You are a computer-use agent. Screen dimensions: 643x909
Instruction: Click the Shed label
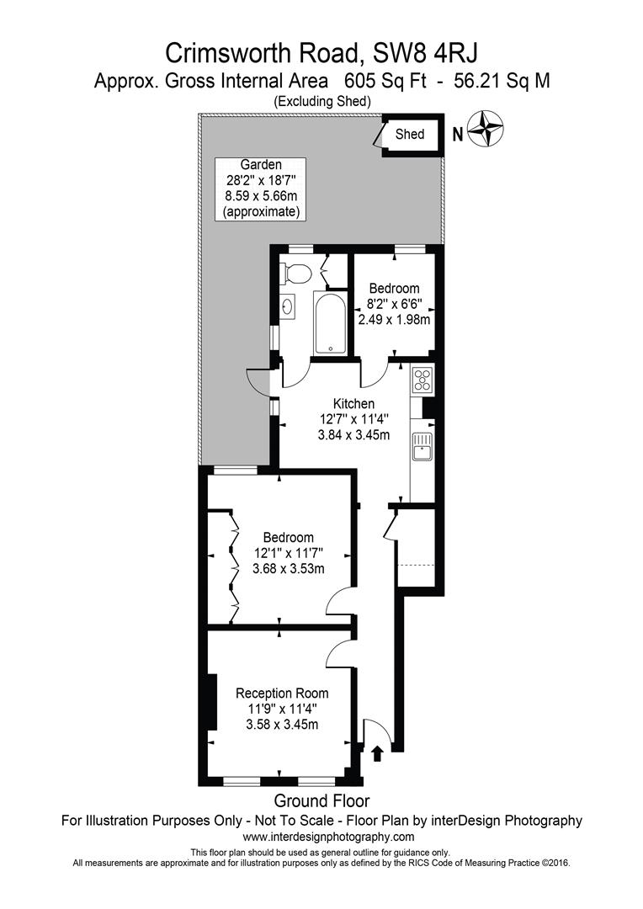(x=409, y=134)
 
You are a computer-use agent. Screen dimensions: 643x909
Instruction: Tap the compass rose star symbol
(x=485, y=129)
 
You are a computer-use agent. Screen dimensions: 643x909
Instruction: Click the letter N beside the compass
(x=458, y=135)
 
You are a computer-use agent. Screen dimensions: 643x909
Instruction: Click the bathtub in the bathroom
(x=330, y=322)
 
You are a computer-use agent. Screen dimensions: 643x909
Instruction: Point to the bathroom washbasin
(x=288, y=306)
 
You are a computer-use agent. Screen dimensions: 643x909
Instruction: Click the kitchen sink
(x=422, y=446)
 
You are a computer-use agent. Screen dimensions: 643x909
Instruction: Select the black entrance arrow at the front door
(x=377, y=753)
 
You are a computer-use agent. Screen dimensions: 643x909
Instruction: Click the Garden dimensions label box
(x=260, y=189)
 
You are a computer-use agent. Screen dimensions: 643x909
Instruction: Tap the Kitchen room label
(x=353, y=403)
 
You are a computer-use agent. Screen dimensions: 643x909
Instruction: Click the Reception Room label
(x=282, y=694)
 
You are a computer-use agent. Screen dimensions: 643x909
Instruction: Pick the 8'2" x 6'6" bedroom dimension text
(x=395, y=304)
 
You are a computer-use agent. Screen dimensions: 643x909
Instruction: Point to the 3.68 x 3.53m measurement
(x=288, y=569)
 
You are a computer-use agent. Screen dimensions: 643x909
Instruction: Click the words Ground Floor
(x=321, y=801)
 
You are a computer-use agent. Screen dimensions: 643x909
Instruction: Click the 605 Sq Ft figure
(x=385, y=81)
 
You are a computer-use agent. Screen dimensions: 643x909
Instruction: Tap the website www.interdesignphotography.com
(x=328, y=837)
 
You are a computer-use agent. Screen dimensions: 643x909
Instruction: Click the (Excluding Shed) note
(x=321, y=102)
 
